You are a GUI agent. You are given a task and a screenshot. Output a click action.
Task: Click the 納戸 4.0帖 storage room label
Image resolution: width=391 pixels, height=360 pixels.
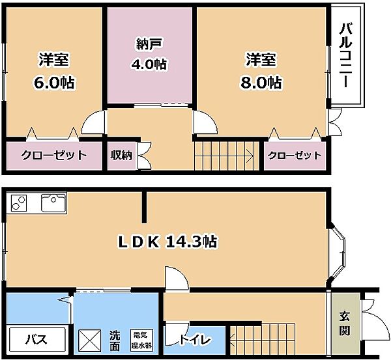coord(149,54)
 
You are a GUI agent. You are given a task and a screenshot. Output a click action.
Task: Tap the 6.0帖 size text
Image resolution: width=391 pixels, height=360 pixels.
coord(54,83)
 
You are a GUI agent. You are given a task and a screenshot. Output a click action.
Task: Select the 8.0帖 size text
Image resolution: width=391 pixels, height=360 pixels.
coord(261,83)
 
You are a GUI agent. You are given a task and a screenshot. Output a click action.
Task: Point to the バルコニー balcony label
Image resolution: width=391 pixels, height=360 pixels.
coord(345,55)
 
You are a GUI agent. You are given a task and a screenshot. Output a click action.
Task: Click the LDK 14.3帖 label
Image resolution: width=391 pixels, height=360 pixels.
coord(167,242)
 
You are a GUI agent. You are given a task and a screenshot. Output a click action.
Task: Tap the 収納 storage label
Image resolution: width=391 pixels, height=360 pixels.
coord(121,155)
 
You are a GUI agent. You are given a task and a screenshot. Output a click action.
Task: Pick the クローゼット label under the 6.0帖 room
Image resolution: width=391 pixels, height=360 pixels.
coord(54,155)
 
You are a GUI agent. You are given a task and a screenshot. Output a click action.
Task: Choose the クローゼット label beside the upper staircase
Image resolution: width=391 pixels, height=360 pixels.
coord(295,156)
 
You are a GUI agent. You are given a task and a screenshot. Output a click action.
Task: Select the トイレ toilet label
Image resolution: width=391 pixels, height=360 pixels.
coord(195,340)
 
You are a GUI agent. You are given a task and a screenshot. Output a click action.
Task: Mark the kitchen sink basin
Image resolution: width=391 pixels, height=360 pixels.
coord(53,203)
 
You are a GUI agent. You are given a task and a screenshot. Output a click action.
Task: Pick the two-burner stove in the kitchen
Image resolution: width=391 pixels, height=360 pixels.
coord(19,203)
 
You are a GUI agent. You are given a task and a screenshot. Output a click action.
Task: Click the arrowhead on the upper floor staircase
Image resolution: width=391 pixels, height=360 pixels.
coord(250,156)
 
